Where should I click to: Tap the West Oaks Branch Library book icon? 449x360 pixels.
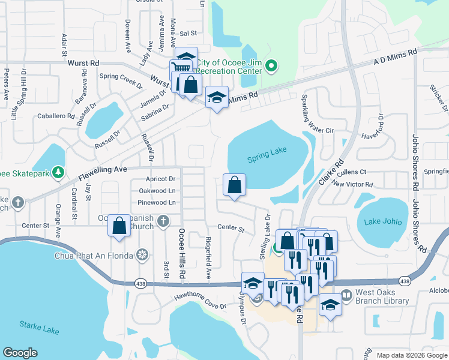[x=346, y=295]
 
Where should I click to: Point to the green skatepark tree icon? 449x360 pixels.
[x=58, y=173]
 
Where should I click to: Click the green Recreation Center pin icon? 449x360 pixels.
[x=271, y=65]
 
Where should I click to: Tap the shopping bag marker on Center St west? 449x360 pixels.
[x=119, y=226]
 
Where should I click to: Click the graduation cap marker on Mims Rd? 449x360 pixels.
[x=217, y=97]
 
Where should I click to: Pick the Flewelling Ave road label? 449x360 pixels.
[x=103, y=170]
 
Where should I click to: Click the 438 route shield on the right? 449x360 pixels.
[x=405, y=281]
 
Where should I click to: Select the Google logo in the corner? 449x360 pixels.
[x=20, y=353]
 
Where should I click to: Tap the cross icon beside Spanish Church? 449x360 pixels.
[x=162, y=222]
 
